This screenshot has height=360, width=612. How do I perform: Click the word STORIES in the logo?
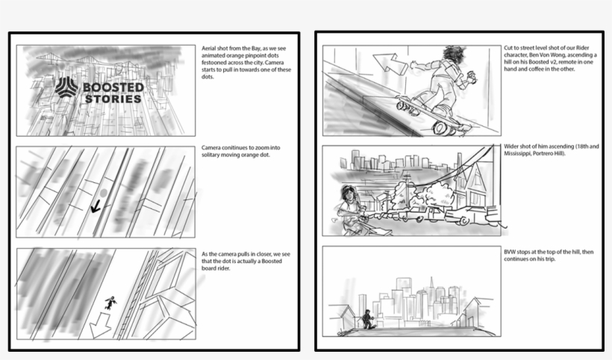coord(113,99)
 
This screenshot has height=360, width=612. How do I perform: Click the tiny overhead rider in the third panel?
coord(111,302)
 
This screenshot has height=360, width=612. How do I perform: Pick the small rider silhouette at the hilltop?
coord(367,320)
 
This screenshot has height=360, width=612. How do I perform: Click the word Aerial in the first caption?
coord(210,48)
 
